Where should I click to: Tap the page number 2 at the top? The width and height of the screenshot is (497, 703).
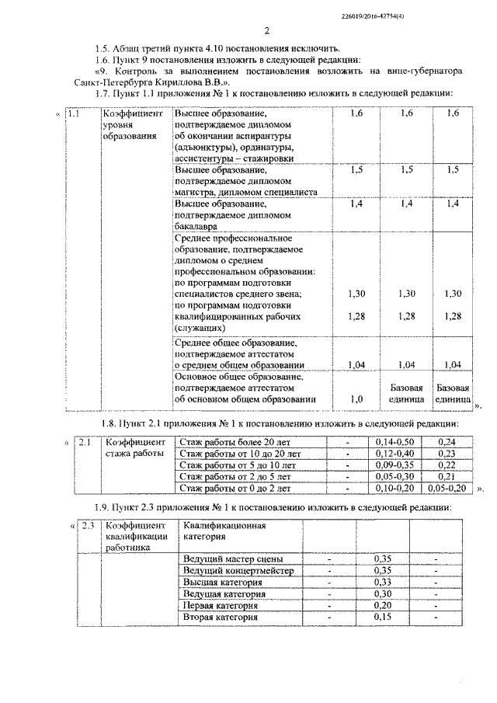coord(266,31)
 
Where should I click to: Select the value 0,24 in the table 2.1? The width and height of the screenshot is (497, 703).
coord(447,442)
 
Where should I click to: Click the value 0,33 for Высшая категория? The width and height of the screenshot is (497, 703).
coord(381,583)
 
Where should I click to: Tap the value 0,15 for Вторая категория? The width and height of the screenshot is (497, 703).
coord(381,618)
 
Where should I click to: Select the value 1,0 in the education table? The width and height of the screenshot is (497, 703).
coord(357,399)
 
